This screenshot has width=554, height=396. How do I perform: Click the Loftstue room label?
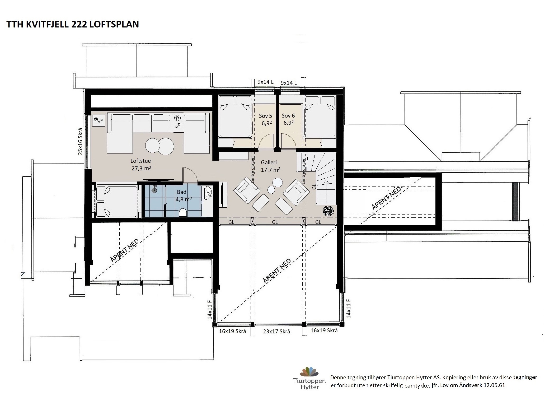(141, 164)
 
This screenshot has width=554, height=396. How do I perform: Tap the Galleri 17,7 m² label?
(270, 166)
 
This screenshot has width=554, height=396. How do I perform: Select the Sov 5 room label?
(265, 119)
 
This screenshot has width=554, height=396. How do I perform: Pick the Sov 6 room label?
(288, 119)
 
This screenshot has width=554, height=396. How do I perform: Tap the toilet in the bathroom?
(183, 212)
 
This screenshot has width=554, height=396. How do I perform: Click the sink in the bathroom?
(208, 192)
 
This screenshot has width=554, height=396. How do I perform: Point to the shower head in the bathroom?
(154, 189)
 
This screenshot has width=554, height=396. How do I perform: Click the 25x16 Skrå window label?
(80, 141)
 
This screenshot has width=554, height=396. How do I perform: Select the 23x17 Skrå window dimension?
(276, 332)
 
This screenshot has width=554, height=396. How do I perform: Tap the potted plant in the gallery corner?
(328, 211)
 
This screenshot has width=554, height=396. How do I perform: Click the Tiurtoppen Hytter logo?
(309, 378)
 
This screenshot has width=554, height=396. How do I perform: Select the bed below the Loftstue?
(116, 201)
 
